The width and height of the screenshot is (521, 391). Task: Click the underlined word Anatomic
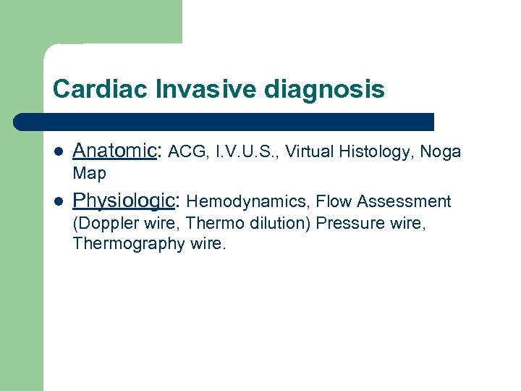tap(114, 151)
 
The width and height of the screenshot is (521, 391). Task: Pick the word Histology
tap(376, 153)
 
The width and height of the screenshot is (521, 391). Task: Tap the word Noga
tap(440, 153)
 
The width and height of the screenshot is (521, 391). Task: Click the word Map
tap(89, 174)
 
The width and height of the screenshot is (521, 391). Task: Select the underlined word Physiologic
tap(124, 201)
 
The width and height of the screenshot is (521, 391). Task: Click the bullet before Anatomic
tap(59, 152)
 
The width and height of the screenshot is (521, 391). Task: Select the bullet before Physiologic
tap(59, 201)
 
